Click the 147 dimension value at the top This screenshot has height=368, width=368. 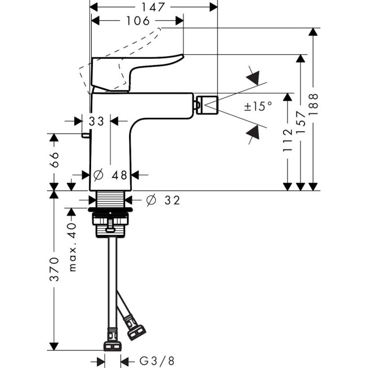pos(153,7)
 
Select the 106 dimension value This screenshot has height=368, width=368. pos(137,21)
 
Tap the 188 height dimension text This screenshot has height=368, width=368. pos(314,105)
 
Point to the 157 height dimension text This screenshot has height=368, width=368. pos(301,122)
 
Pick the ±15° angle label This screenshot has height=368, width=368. pos(258,106)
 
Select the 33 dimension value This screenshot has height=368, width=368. pos(96,121)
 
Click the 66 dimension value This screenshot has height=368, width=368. pos(54,161)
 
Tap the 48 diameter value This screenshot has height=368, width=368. pos(118,175)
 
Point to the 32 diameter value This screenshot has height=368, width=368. pos(173,200)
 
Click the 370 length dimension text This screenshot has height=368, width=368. pos(54,269)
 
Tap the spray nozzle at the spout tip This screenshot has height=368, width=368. pos(207,104)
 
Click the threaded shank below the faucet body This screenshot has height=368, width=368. pos(111,200)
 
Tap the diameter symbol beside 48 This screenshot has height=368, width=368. pos(97,175)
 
